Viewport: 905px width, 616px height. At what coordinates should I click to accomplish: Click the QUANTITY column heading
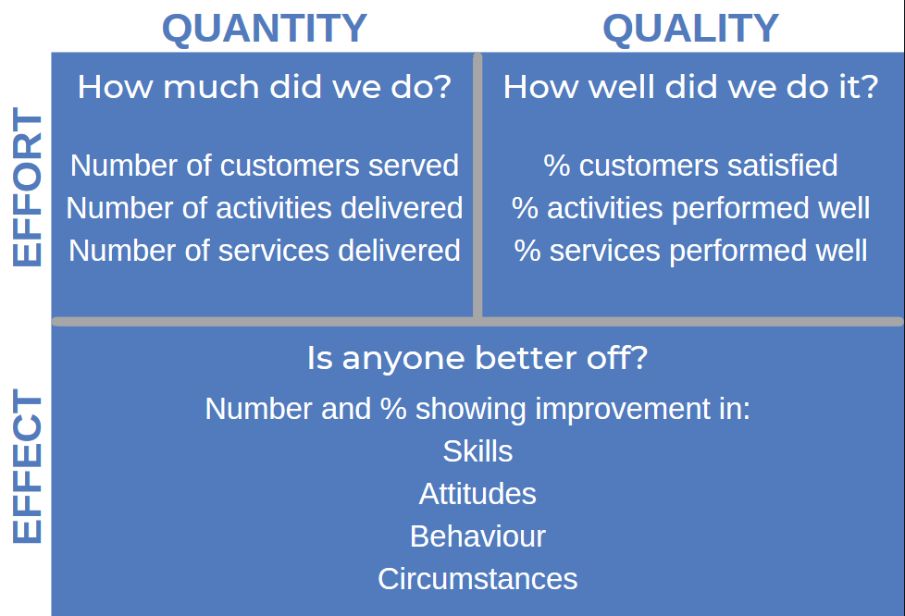tap(265, 28)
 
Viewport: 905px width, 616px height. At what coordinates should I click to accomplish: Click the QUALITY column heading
tap(690, 28)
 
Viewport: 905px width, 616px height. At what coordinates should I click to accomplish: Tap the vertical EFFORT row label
tap(27, 187)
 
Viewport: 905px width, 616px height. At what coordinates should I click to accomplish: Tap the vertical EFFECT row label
tap(27, 466)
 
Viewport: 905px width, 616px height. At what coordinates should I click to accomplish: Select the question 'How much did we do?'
tap(265, 87)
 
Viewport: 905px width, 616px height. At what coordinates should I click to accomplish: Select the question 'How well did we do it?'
tap(690, 87)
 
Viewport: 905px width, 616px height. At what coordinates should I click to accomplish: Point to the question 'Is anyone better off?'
tap(477, 358)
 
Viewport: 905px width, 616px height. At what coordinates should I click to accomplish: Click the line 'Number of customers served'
tap(265, 166)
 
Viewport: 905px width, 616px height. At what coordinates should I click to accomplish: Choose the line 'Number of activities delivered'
tap(265, 208)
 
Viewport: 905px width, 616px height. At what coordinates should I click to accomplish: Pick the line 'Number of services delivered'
tap(265, 251)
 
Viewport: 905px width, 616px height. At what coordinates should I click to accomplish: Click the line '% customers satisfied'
tap(690, 166)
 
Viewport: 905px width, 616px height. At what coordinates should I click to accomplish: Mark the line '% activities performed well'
tap(690, 208)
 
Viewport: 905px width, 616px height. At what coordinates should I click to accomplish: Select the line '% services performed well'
tap(690, 251)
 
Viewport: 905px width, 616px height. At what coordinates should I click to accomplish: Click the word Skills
tap(477, 451)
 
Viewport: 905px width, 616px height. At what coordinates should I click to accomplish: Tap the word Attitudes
tap(477, 494)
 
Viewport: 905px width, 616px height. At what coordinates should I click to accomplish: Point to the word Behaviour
tap(477, 536)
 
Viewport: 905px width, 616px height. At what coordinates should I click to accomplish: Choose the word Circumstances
tap(477, 579)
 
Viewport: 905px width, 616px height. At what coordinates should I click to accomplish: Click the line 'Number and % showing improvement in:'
tap(477, 409)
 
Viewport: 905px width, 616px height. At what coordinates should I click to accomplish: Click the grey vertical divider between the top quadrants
tap(477, 186)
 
